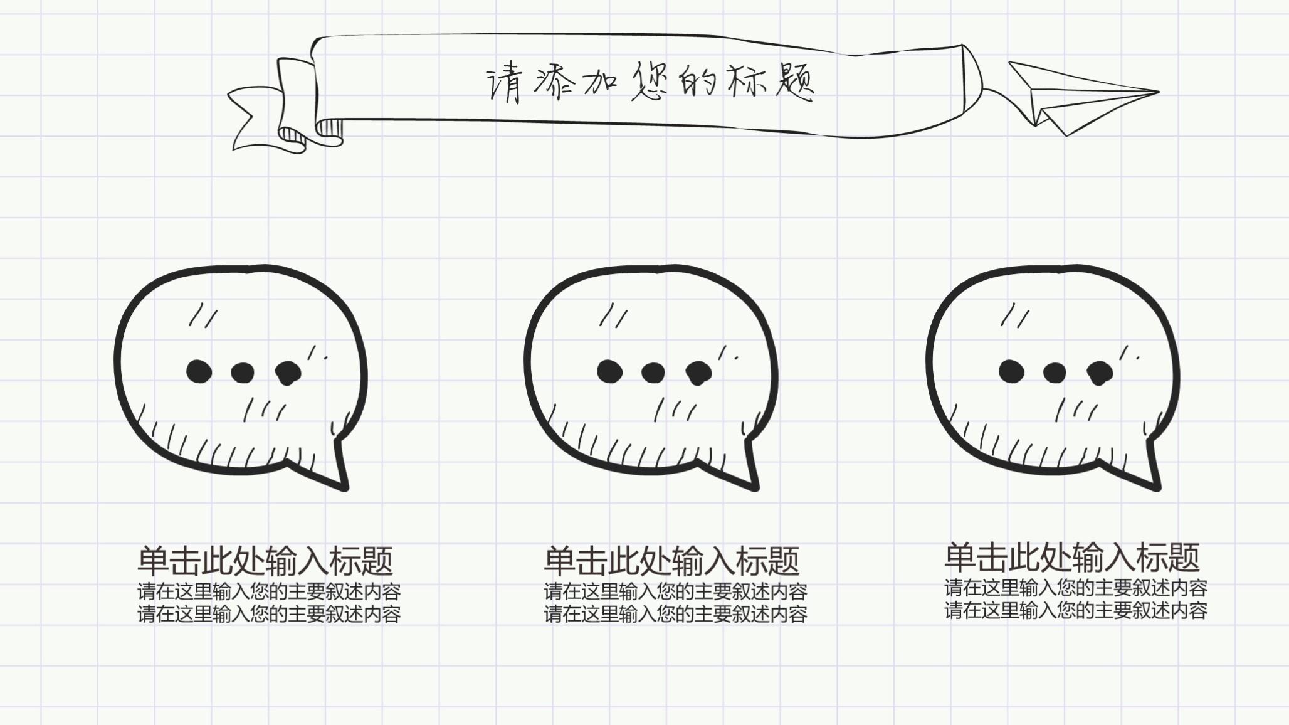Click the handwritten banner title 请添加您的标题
(650, 83)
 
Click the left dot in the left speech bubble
(199, 371)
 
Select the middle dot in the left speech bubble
(243, 373)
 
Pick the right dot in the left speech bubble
(288, 373)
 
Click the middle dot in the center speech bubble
(653, 373)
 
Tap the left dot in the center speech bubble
(609, 371)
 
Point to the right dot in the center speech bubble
(698, 373)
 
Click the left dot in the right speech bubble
(1011, 371)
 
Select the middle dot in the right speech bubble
(1055, 373)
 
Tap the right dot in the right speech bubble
(1100, 373)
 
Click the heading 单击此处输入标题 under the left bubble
(265, 561)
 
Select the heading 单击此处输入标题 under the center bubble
(671, 561)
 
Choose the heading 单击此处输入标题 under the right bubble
(1072, 557)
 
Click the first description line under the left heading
(269, 591)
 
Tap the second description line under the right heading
(1076, 610)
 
